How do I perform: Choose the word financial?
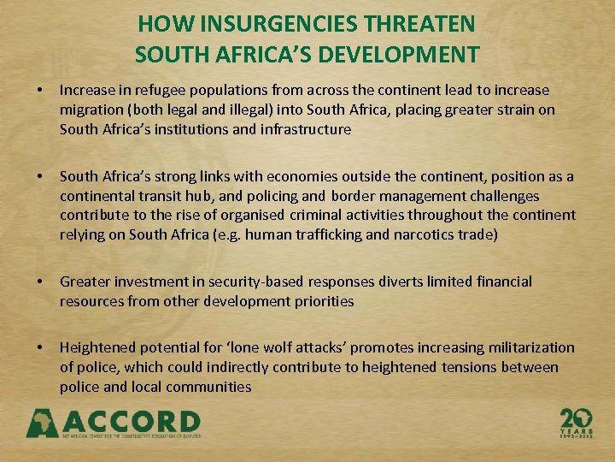(501, 281)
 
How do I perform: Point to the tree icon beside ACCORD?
(42, 423)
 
